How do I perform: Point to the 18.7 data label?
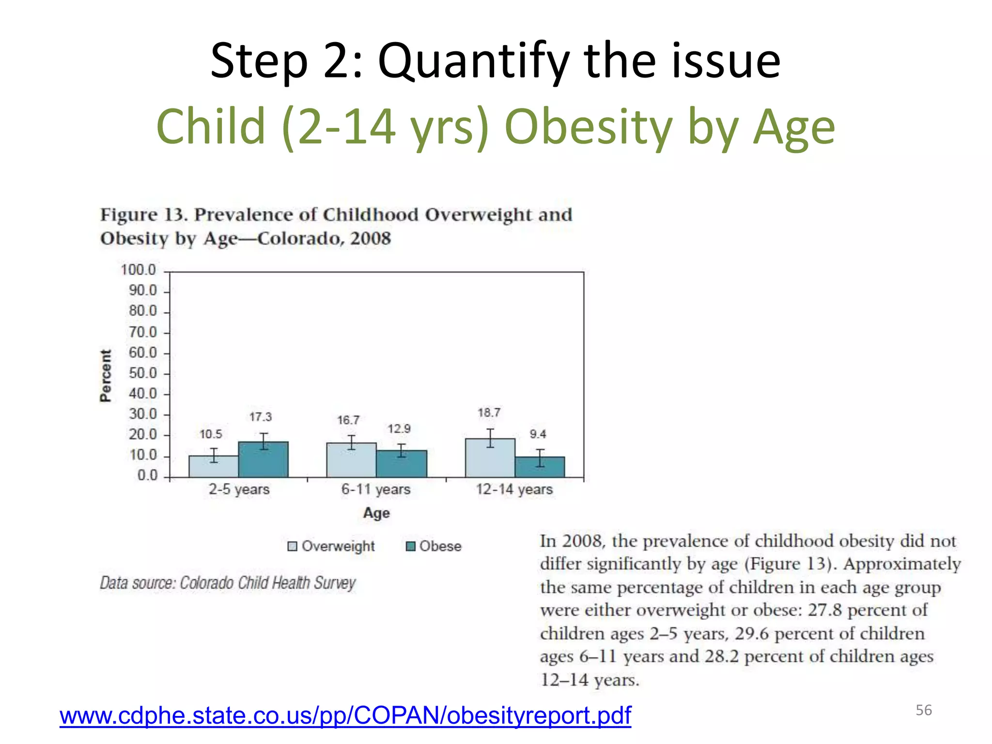click(489, 413)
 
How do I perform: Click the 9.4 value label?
click(538, 434)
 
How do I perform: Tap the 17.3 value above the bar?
click(261, 417)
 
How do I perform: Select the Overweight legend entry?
click(332, 546)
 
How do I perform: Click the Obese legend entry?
click(434, 546)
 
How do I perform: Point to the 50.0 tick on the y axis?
click(143, 373)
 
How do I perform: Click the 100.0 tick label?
click(139, 270)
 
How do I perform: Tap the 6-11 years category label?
click(375, 489)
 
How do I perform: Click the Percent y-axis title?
click(106, 376)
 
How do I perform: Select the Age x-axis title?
click(376, 513)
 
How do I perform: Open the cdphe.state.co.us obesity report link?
click(345, 715)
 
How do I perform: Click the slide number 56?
click(923, 710)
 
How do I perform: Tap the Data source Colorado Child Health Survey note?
click(228, 583)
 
